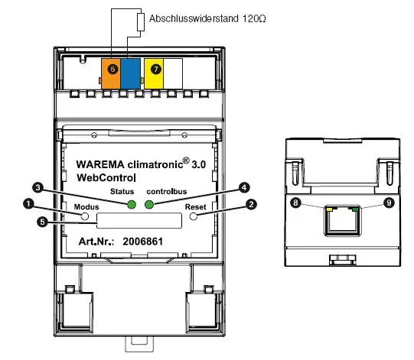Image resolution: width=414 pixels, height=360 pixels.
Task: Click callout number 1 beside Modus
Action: [28, 204]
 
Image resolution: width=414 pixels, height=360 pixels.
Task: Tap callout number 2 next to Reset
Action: [251, 204]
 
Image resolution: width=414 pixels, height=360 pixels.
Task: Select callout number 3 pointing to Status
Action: [37, 187]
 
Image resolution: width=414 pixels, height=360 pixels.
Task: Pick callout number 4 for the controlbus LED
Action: [244, 187]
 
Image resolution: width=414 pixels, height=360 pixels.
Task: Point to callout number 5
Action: [42, 222]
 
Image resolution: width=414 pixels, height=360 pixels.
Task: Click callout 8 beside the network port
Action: [295, 203]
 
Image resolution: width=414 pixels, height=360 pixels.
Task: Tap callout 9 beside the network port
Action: [389, 203]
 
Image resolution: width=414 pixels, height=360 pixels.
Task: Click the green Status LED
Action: [132, 204]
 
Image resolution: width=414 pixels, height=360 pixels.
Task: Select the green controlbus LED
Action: [149, 204]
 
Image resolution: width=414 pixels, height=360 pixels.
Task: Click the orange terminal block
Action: [111, 74]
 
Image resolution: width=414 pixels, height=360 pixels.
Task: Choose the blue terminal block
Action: [130, 74]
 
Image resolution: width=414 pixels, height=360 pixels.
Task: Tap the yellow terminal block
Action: [154, 74]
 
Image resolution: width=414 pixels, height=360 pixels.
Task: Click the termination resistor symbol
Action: [141, 22]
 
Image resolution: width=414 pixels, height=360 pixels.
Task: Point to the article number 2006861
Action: [143, 242]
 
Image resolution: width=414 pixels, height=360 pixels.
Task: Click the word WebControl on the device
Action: [106, 177]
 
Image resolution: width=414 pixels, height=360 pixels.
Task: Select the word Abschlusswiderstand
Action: [194, 18]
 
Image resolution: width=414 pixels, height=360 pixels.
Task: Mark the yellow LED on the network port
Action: [330, 209]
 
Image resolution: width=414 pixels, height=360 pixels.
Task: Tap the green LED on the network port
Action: [355, 209]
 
